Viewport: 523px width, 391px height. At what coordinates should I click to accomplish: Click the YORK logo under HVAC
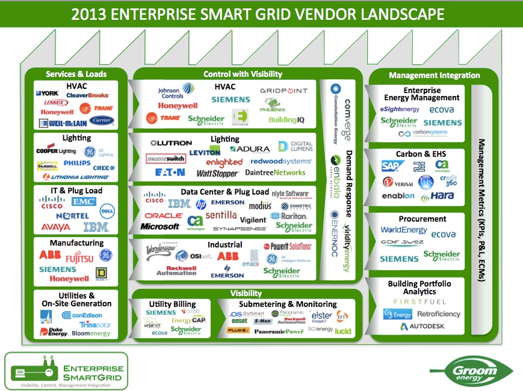[x=47, y=94]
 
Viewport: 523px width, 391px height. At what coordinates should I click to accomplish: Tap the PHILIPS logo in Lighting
[x=77, y=163]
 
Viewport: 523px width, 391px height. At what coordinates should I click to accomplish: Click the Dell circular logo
[x=107, y=210]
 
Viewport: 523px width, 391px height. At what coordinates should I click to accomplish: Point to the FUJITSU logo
[x=79, y=258]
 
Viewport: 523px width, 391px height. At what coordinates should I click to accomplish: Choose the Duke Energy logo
[x=52, y=332]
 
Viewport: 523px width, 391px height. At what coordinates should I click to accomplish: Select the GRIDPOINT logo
[x=283, y=91]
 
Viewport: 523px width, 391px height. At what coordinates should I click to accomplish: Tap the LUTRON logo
[x=170, y=143]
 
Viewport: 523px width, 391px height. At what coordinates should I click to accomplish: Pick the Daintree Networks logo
[x=276, y=172]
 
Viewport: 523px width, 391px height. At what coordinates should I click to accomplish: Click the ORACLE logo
[x=163, y=215]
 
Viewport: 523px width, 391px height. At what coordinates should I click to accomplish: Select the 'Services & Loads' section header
[x=76, y=74]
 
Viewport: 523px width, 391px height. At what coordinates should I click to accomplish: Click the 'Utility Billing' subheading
[x=172, y=305]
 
